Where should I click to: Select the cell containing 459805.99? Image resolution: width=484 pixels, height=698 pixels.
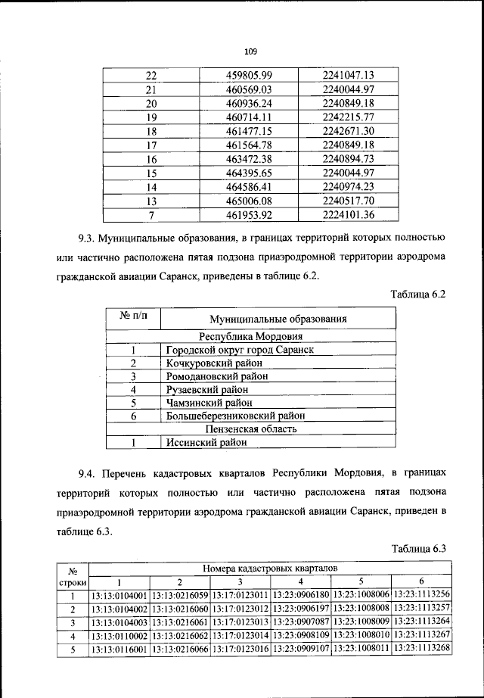[248, 75]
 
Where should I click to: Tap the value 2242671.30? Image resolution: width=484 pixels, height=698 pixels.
[349, 131]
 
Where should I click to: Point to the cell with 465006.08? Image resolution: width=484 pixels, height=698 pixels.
[248, 201]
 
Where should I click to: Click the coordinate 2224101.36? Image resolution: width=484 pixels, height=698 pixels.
[349, 214]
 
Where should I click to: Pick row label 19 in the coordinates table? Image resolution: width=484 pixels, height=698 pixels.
[150, 117]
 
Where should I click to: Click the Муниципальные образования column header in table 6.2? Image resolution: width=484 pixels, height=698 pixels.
[278, 319]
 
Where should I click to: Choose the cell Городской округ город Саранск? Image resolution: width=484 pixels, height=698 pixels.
[239, 350]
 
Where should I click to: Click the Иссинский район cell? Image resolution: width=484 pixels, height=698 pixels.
[203, 442]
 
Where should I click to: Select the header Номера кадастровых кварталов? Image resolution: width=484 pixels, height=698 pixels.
[269, 567]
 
